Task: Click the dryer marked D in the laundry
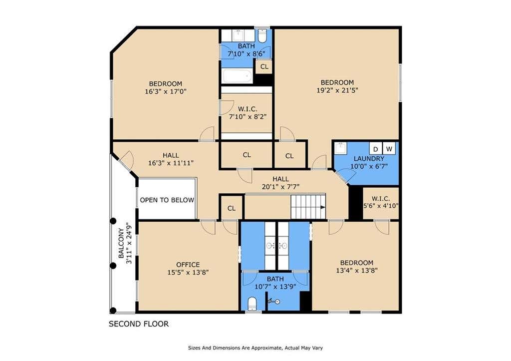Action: click(x=376, y=148)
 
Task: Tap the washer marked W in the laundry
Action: click(x=389, y=148)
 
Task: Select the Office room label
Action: click(x=188, y=265)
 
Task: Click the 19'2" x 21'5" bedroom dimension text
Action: click(x=337, y=90)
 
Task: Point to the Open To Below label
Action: click(x=167, y=200)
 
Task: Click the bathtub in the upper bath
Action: click(x=237, y=76)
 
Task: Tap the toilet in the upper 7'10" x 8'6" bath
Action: click(x=262, y=35)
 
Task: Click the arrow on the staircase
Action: click(x=323, y=207)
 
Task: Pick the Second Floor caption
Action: click(x=139, y=324)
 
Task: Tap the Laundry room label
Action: click(x=369, y=158)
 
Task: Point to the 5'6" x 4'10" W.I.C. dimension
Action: click(x=381, y=206)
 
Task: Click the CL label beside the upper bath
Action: click(x=264, y=66)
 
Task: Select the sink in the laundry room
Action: click(x=340, y=148)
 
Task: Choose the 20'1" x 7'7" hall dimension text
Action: click(x=280, y=187)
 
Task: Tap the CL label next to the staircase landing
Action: click(x=232, y=208)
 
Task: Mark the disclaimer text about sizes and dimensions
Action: click(x=255, y=348)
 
